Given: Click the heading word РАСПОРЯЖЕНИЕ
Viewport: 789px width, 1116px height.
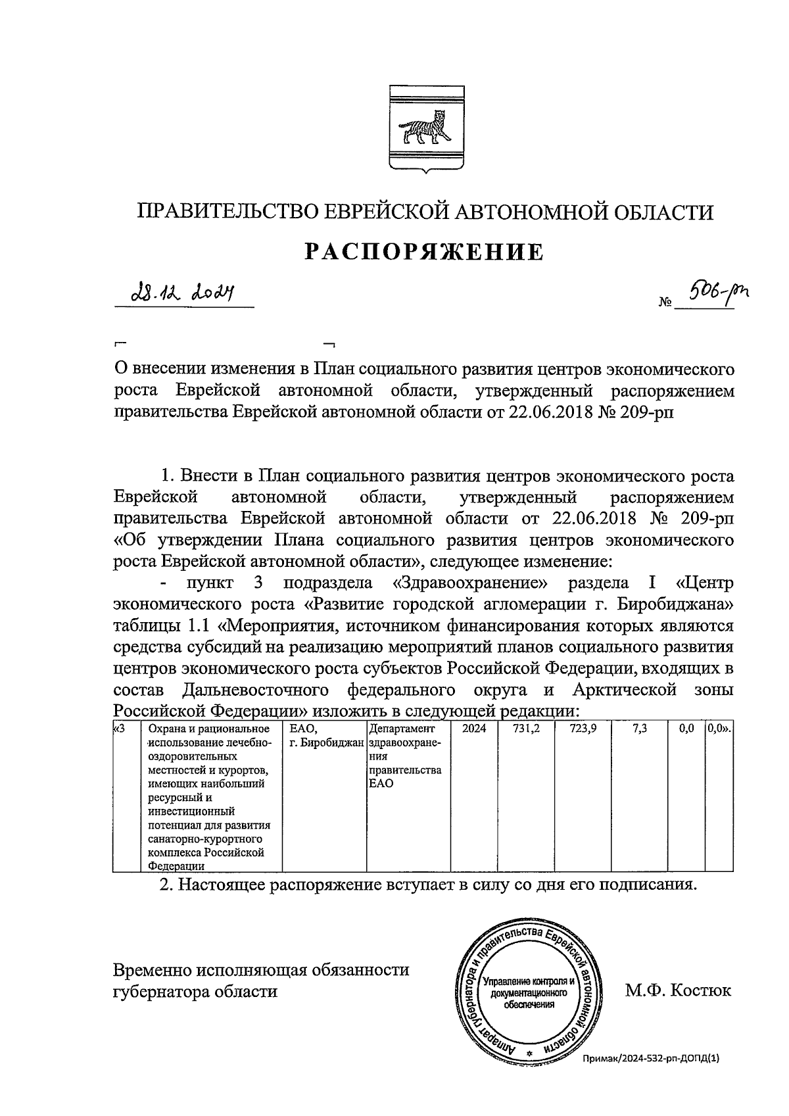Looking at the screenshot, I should [x=424, y=252].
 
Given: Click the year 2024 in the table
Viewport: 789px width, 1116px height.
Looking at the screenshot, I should [x=474, y=729].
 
